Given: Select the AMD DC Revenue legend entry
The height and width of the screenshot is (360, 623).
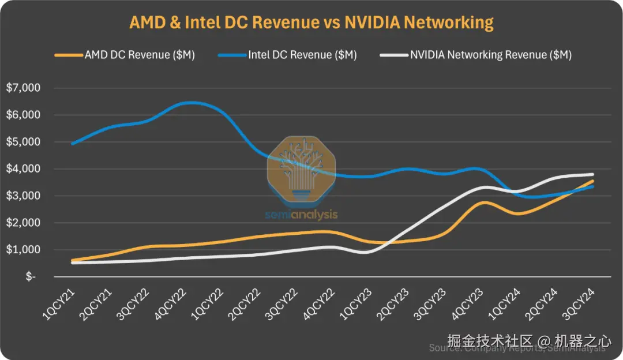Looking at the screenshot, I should click(139, 55).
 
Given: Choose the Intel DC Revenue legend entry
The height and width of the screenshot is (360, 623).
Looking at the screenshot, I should click(302, 55).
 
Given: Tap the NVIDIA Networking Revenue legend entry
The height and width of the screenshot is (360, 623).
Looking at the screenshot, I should click(490, 55).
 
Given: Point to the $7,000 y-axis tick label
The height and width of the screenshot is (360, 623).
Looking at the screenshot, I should click(22, 88).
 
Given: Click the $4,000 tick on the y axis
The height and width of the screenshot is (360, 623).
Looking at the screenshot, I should click(22, 169).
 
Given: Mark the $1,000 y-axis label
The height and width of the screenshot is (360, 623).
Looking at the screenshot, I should click(22, 250).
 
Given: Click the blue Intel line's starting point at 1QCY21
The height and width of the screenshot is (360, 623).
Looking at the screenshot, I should click(72, 144).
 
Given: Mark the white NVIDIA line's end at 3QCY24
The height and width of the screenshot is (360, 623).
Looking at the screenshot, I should click(592, 174).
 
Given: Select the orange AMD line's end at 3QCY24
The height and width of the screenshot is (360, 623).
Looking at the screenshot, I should click(592, 181).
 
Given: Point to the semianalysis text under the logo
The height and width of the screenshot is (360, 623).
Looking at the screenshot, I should click(302, 215).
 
